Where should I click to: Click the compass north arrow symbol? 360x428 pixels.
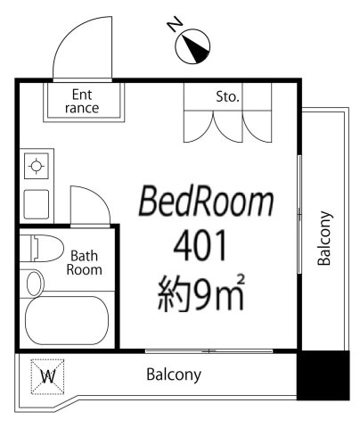tap(192, 46)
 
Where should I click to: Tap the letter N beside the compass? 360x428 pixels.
tap(175, 23)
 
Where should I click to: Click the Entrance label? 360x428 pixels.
tap(82, 102)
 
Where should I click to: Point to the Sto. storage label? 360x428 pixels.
tap(227, 96)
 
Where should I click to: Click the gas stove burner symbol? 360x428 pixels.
tap(37, 166)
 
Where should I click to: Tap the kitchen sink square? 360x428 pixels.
tap(37, 204)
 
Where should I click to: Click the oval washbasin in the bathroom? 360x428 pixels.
tap(35, 284)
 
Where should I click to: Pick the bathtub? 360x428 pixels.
tap(67, 320)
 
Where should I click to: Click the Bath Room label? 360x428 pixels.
tap(84, 263)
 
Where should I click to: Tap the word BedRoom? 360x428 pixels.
tap(206, 201)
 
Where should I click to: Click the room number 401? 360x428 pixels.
tap(200, 246)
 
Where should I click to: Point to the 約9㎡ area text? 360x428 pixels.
tap(201, 292)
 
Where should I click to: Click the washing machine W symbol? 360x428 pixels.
tap(47, 377)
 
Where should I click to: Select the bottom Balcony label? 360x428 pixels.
tap(174, 374)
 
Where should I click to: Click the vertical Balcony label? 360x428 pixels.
tap(324, 238)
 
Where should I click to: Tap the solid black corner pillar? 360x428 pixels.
tap(323, 375)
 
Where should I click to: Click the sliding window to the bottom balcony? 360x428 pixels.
tap(209, 351)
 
